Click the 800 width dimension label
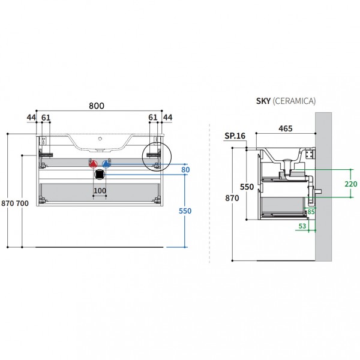(x=97, y=106)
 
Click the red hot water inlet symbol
(x=93, y=164)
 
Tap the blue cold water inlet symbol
(x=106, y=164)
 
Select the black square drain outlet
(x=100, y=175)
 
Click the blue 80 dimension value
(x=185, y=170)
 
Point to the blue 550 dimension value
(x=185, y=211)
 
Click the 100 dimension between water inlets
(x=100, y=191)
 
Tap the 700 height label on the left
(x=23, y=203)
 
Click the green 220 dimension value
(x=351, y=184)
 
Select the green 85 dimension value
(x=311, y=212)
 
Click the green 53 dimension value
(x=302, y=226)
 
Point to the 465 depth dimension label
(x=286, y=128)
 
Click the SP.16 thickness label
(x=235, y=136)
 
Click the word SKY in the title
(x=263, y=101)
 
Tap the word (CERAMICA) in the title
(x=294, y=101)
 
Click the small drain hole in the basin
(x=100, y=139)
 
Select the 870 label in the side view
(x=232, y=198)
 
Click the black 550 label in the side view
(x=247, y=187)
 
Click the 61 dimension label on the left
(x=46, y=118)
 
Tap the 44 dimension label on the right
(x=167, y=118)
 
